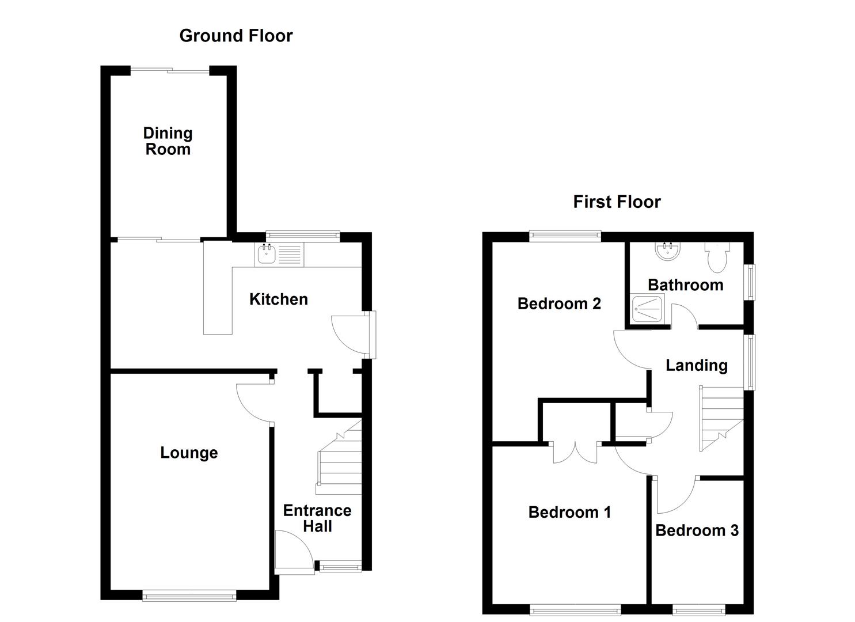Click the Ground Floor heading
[x=236, y=36]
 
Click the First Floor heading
[x=617, y=202]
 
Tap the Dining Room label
[x=168, y=141]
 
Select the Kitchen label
[x=279, y=299]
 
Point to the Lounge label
[x=189, y=453]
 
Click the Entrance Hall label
[x=317, y=518]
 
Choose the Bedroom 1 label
[x=569, y=512]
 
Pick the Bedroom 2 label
[x=559, y=304]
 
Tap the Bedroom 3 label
[x=697, y=530]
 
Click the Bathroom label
[x=685, y=285]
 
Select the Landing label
[x=696, y=365]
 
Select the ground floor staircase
[x=340, y=461]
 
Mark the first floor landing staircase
[x=721, y=418]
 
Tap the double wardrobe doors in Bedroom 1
[x=576, y=453]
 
